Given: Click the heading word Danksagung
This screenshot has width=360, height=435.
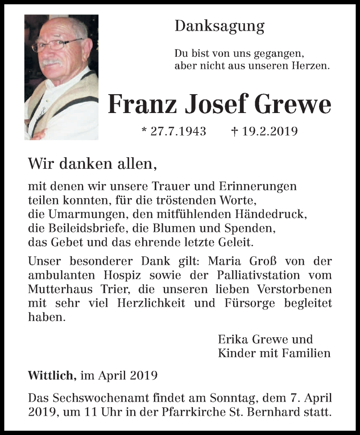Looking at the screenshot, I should [x=219, y=27].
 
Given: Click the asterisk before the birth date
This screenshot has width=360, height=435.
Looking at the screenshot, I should [x=144, y=131].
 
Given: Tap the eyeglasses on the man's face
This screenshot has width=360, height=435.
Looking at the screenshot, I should [x=56, y=45].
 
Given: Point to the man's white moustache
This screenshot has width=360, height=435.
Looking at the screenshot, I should [x=52, y=62].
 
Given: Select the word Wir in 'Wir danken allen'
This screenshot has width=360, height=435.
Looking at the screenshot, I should [x=38, y=163].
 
